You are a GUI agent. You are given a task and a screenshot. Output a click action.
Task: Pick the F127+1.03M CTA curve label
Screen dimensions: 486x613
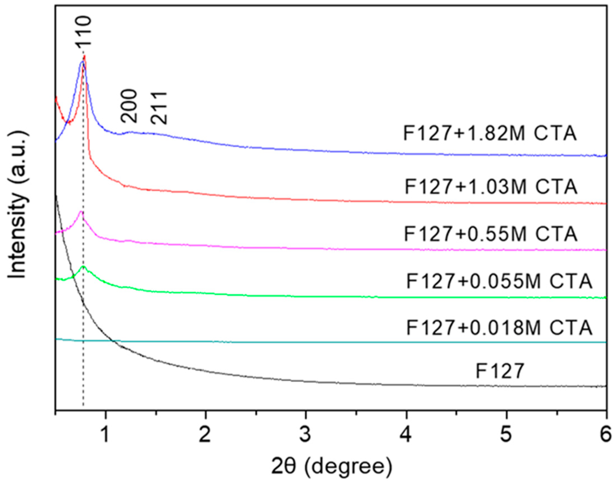pos(491,187)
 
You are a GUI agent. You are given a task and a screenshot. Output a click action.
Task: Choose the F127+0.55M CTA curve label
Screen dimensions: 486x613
pos(490,234)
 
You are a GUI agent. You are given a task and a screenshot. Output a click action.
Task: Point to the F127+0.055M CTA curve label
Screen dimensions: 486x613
pos(499,281)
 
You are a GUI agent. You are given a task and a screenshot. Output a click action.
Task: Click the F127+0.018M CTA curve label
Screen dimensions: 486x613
pos(499,328)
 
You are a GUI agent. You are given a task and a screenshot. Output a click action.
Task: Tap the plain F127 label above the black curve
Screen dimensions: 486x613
pos(500,372)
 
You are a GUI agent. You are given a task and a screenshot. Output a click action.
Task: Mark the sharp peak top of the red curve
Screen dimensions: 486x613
pos(85,56)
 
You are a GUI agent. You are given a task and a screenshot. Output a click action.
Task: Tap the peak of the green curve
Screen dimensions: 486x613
pos(83,267)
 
